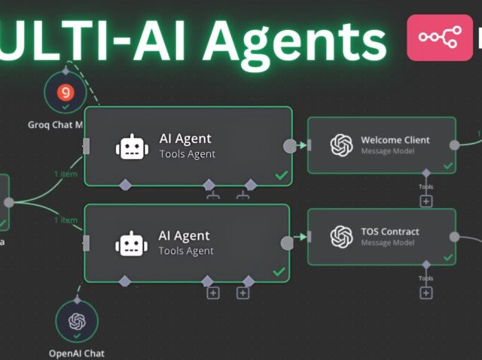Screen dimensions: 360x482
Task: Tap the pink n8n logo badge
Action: click(x=440, y=38)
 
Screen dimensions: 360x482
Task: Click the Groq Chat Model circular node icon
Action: click(x=65, y=93)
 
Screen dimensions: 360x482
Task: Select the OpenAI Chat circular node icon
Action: click(x=77, y=322)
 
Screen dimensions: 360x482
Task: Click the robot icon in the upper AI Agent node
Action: click(x=129, y=146)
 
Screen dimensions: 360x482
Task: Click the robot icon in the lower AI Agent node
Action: click(x=129, y=243)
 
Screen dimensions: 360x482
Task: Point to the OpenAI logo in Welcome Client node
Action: click(x=342, y=145)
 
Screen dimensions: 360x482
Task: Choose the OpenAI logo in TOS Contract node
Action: click(x=342, y=236)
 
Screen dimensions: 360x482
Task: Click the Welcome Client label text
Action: click(x=395, y=140)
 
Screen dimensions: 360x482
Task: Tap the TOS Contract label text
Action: click(x=389, y=231)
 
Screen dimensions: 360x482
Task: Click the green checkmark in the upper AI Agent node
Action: click(x=281, y=175)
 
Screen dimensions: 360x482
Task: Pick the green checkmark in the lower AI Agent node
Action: click(x=279, y=271)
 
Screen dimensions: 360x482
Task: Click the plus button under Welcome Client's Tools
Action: click(x=426, y=201)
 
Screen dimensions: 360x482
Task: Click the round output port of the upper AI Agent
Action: click(x=289, y=146)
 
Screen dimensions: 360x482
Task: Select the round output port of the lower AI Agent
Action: click(x=287, y=243)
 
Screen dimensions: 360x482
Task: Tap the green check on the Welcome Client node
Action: click(x=448, y=165)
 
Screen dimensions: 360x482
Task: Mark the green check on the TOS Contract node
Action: click(x=448, y=257)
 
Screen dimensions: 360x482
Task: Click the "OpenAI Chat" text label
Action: click(x=77, y=353)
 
